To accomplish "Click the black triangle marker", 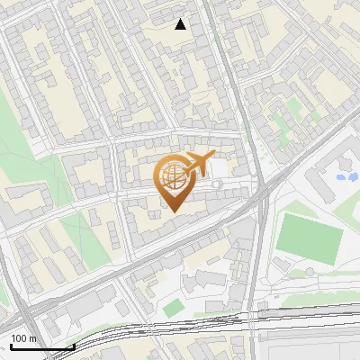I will point(181,24).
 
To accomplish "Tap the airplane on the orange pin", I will point(195,165).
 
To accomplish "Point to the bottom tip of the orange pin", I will point(175,212).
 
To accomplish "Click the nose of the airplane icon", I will point(213,157).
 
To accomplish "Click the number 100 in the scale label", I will point(20,339).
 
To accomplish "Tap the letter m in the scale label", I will point(33,339).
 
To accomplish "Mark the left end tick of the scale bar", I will point(10,345).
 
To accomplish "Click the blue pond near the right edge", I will point(346,176).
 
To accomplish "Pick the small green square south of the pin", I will point(174,308).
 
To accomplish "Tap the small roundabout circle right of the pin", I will point(216,184).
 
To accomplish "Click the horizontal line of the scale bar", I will point(41,347).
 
